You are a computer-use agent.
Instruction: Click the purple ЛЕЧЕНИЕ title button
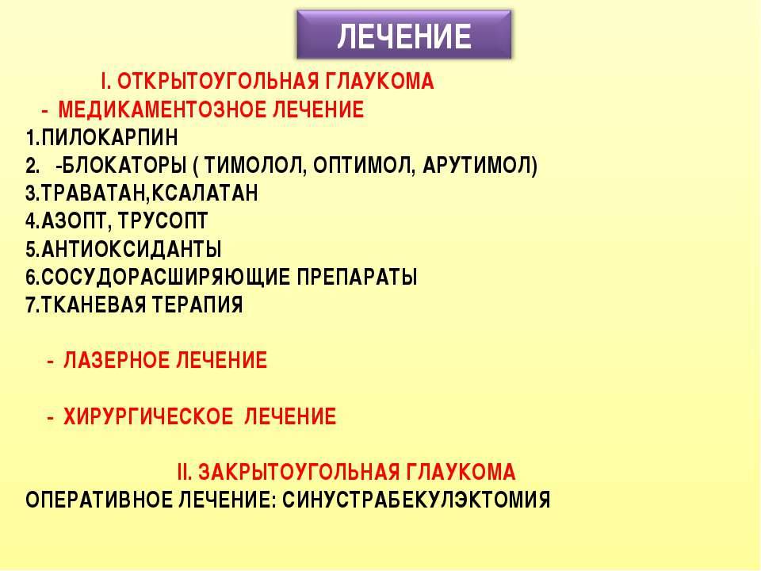[x=403, y=35]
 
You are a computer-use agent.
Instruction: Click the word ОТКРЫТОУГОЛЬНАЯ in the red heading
[x=218, y=81]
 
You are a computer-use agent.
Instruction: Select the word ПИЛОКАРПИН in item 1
[x=109, y=137]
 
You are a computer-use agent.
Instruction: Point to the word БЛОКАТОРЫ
[x=124, y=166]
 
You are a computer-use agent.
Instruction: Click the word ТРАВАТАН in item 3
[x=94, y=194]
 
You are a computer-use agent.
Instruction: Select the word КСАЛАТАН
[x=205, y=194]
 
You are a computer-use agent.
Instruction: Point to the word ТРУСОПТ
[x=163, y=221]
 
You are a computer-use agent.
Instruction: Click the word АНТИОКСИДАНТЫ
[x=132, y=249]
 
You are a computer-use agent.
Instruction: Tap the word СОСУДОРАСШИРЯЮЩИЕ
[x=166, y=278]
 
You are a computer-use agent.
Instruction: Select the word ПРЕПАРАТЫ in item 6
[x=357, y=278]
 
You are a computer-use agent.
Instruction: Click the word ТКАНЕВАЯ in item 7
[x=94, y=305]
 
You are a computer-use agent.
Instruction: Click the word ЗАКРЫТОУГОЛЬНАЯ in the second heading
[x=299, y=473]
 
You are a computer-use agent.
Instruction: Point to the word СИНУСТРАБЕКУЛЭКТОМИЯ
[x=416, y=500]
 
